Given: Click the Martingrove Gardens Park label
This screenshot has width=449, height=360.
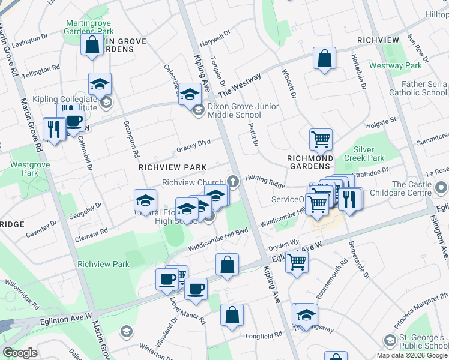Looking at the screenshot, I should tap(89, 27).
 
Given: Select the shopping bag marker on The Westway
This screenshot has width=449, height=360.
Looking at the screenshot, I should tap(324, 59).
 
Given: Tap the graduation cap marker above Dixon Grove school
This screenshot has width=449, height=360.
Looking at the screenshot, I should tap(190, 94).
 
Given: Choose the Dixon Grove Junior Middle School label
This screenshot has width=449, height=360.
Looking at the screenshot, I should tap(243, 110).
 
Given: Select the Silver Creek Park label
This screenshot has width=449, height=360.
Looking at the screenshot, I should tap(360, 154).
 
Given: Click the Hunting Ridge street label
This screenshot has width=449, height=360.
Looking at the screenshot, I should tap(264, 181).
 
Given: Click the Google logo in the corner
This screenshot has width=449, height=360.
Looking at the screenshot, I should tap(20, 353).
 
